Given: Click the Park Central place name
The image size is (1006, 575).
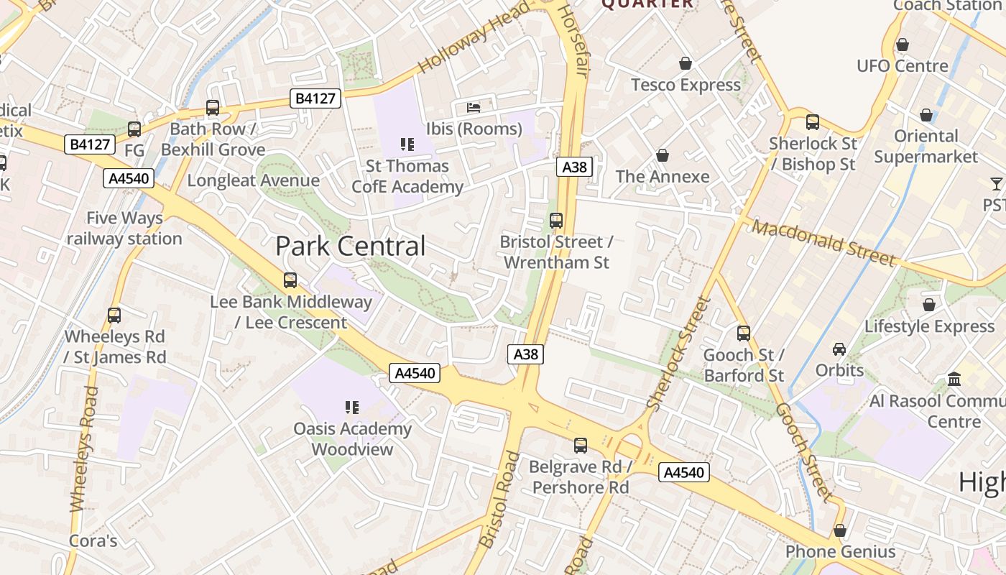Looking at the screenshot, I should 351,247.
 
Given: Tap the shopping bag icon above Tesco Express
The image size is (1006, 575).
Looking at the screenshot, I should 686,63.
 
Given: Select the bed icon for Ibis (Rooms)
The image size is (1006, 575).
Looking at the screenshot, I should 474,108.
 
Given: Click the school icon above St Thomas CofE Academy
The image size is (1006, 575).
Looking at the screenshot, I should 407,144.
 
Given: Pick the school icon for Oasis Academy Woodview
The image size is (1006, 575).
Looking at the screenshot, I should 352,408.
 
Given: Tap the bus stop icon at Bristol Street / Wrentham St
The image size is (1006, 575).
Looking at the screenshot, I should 556,221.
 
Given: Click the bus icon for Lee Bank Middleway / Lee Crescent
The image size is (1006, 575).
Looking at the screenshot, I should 290,280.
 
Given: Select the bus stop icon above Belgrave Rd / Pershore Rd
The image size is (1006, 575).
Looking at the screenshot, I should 581,446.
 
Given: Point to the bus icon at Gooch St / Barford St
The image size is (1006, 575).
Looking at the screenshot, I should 744,333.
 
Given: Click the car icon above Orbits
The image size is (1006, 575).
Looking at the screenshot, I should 839,349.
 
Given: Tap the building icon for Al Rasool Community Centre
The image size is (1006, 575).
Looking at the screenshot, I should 955,379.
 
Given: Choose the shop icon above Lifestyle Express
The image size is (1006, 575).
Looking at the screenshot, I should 929,305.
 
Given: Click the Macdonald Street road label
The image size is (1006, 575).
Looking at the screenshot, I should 824,243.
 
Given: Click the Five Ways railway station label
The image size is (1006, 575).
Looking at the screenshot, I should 124,228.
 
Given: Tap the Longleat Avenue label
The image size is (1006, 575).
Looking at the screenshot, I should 254,180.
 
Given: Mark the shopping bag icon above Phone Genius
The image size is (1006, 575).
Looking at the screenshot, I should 840,531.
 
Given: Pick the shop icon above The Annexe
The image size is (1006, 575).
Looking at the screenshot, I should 663,155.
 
